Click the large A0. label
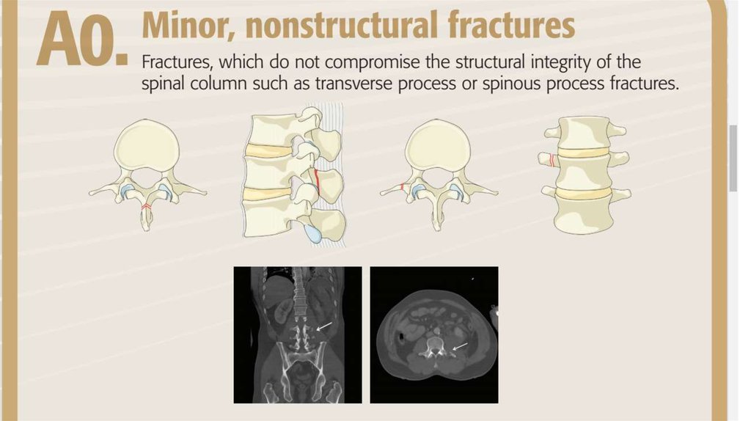(x=79, y=43)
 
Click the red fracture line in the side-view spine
(x=316, y=181)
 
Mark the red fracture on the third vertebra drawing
(x=403, y=188)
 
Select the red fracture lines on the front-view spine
(x=549, y=159)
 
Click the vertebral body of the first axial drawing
(x=147, y=147)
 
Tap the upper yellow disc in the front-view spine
(x=585, y=153)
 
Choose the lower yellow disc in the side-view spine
(x=271, y=194)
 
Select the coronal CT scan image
(x=297, y=334)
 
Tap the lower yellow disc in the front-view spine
(x=585, y=194)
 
